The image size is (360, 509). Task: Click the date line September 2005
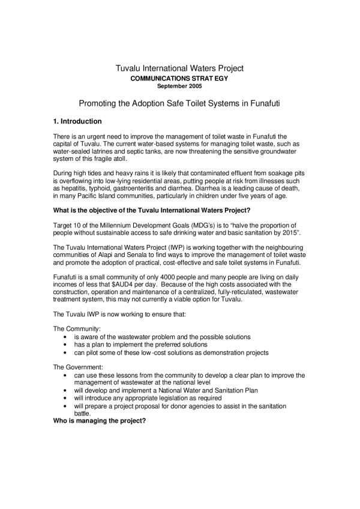[x=180, y=85]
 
